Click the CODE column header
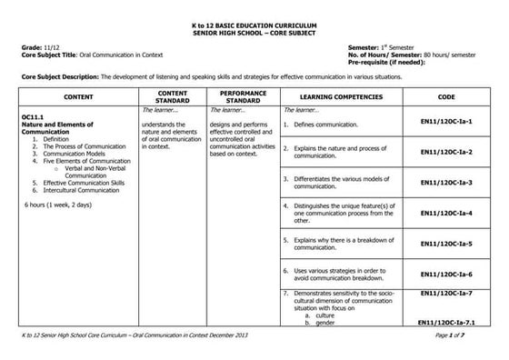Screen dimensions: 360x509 pos(445,95)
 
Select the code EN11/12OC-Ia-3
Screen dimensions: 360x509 pos(446,183)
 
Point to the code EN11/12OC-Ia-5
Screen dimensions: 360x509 pos(446,244)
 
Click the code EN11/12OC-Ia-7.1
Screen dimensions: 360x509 pos(449,323)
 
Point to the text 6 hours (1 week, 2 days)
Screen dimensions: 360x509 pos(57,205)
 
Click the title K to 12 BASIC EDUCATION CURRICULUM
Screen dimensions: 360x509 pos(254,18)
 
